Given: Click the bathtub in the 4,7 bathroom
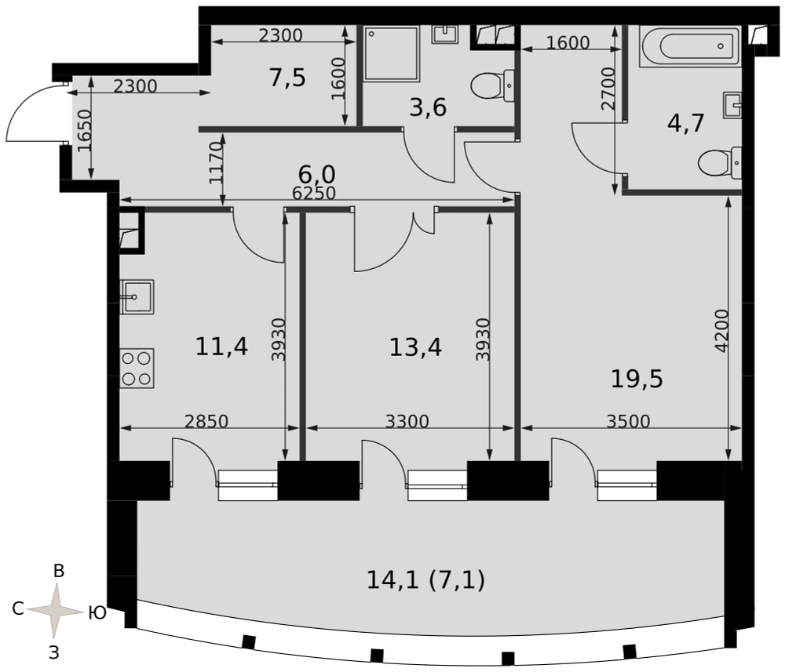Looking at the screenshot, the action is coord(690,46).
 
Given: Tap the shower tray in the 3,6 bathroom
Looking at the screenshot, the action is coord(392,53).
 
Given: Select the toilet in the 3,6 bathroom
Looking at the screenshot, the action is coord(493,86).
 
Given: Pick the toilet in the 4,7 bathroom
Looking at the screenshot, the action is coord(719,163).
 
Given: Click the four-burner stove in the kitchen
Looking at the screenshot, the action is coord(137,369).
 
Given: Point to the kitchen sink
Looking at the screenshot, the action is coord(137,297).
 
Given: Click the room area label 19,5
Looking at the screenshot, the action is coord(637,379).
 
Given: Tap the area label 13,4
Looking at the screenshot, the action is coord(415,347).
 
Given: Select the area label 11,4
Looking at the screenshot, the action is coord(221,347).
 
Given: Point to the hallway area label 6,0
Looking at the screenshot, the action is coord(317,175).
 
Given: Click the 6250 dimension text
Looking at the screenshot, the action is coord(314,193).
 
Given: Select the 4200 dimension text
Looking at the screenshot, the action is coord(721,331).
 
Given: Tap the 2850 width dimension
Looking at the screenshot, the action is coord(206,422).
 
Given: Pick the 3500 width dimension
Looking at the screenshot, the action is coord(628,422).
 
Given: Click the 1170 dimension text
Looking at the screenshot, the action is coord(216,163).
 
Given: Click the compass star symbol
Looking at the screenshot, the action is coord(55,611).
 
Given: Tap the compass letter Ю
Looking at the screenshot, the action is coord(97,612).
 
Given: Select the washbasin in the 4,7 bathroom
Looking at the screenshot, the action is coord(732,105).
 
